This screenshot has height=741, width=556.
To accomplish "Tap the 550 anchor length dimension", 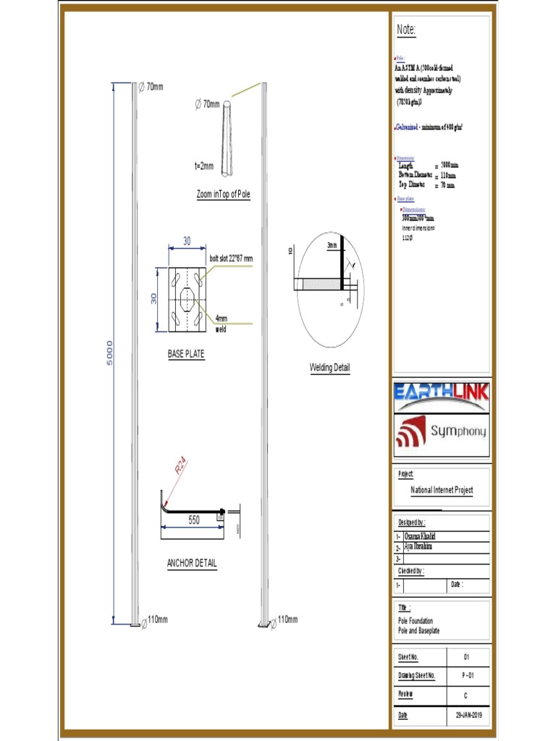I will [194, 520].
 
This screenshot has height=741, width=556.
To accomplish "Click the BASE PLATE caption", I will [186, 355].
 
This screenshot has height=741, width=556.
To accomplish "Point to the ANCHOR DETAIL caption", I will [192, 563].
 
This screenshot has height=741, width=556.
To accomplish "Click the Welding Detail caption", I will [329, 368].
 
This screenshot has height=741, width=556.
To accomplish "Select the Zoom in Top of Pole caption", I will [224, 195].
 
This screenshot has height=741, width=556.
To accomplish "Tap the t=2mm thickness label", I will [204, 166].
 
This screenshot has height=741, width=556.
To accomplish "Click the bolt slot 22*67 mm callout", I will [232, 258].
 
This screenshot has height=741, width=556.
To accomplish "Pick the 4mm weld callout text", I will [221, 323].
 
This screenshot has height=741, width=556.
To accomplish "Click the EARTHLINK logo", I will [442, 394].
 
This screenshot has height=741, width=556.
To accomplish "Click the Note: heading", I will [406, 30].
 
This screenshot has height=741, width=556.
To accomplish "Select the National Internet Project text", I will [442, 490].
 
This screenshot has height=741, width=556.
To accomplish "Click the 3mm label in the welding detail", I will [332, 245].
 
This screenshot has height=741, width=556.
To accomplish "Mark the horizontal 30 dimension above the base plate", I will [187, 241].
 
